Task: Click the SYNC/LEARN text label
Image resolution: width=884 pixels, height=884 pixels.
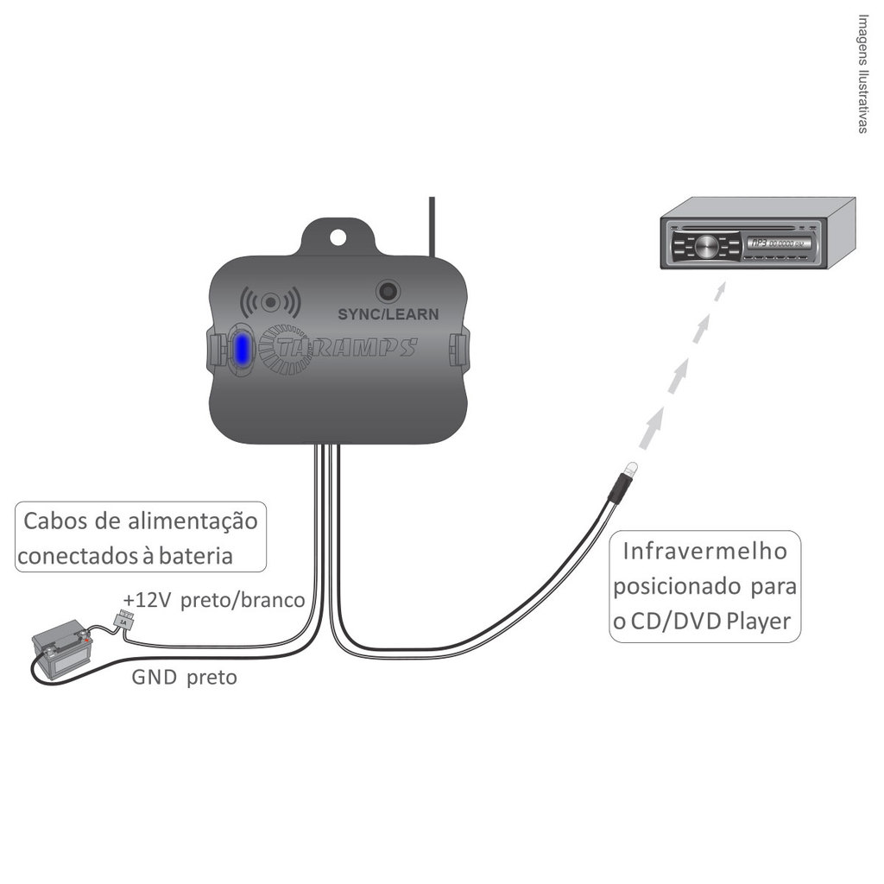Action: click(x=388, y=314)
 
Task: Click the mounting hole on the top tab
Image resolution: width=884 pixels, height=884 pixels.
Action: click(x=338, y=237)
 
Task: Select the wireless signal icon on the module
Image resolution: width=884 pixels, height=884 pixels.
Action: click(x=270, y=302)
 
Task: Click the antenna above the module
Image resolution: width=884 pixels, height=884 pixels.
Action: click(x=432, y=224)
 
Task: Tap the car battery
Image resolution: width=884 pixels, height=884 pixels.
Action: click(x=59, y=649)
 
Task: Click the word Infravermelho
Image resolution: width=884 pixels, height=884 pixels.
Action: click(x=704, y=551)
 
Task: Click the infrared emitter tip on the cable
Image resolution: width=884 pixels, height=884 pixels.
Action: click(x=631, y=470)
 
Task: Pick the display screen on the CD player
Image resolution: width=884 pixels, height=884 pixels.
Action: click(x=778, y=243)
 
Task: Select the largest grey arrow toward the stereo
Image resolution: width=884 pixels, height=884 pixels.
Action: click(x=654, y=428)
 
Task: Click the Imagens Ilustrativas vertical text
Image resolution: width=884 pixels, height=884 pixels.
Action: click(x=862, y=73)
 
